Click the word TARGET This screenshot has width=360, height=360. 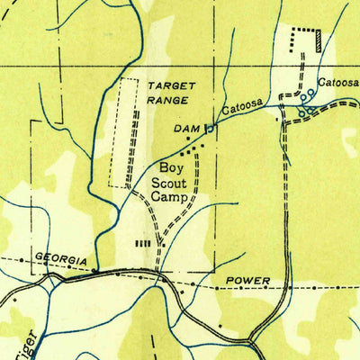(x=171, y=84)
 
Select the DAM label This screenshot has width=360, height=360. (x=186, y=130)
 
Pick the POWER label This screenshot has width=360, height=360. (x=247, y=281)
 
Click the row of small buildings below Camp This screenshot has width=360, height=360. (x=141, y=243)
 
